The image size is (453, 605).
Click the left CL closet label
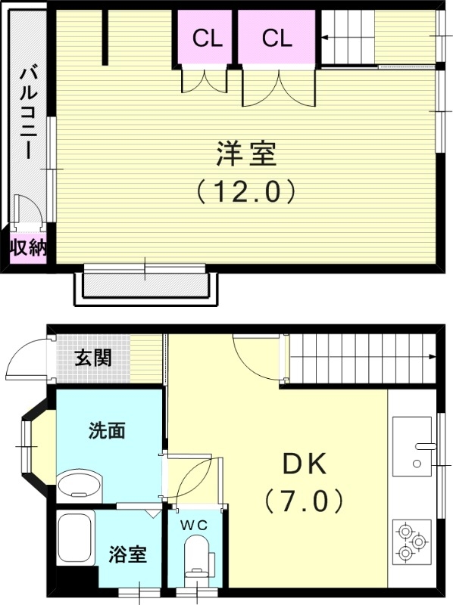coord(207,38)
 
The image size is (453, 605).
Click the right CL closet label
coord(277,38)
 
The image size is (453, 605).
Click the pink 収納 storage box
coord(28,248)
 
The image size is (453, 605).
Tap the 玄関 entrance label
coord(92,357)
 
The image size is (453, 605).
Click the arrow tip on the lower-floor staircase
coord(432,357)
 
